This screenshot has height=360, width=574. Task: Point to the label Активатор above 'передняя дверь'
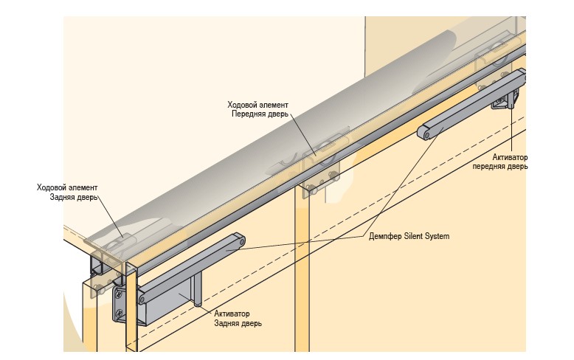pyautogui.click(x=510, y=157)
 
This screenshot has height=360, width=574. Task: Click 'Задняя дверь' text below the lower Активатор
pyautogui.click(x=238, y=323)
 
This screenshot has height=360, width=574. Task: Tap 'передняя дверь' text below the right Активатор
pyautogui.click(x=500, y=167)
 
